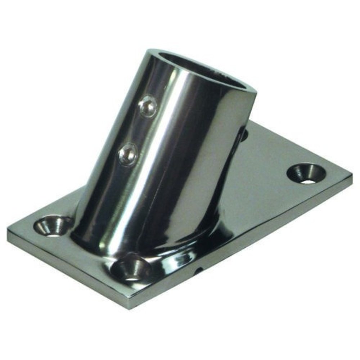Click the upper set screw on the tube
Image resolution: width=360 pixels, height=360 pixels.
pyautogui.click(x=148, y=106)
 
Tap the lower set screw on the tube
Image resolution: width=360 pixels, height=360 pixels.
pyautogui.click(x=129, y=154)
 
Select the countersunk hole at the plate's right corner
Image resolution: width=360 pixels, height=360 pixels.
pyautogui.click(x=306, y=174)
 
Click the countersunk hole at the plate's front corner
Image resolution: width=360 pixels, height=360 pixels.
pyautogui.click(x=130, y=269)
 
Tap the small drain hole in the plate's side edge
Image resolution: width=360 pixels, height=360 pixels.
pyautogui.click(x=197, y=270)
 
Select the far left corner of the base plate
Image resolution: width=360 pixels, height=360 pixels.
pyautogui.click(x=8, y=230)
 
